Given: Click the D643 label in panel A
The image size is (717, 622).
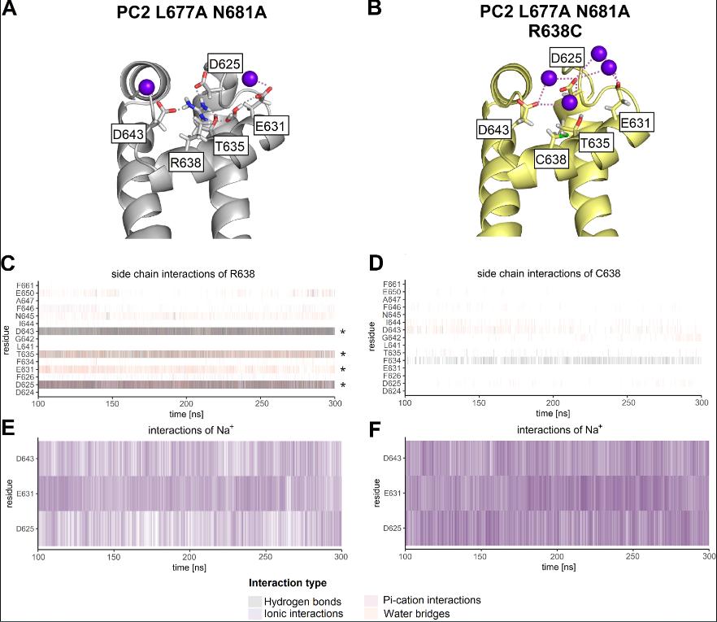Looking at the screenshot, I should point(128,133).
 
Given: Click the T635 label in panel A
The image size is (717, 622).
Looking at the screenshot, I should point(233,146).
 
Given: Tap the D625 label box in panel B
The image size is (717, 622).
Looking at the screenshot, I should point(566,59).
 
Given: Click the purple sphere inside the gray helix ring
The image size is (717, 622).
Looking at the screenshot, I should point(146,87).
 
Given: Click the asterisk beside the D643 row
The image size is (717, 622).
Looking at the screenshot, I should point(343,332).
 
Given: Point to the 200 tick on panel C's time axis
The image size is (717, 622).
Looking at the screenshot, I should point(188,402).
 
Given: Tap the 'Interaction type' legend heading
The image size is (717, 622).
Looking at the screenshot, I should point(288,583).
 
